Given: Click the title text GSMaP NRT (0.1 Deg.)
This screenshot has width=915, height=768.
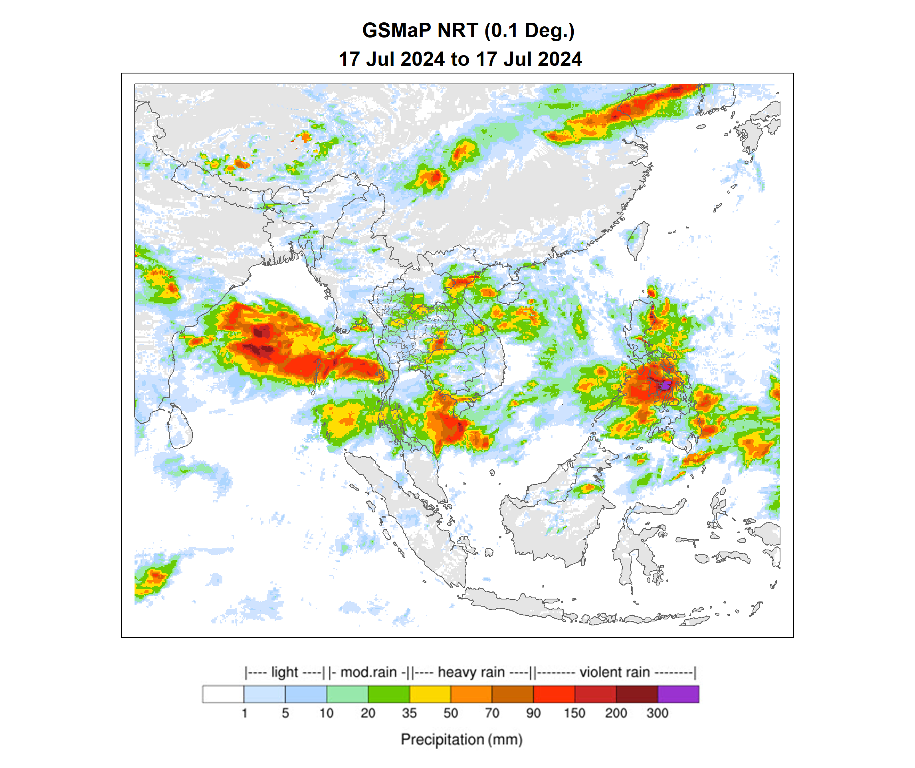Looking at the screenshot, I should click(x=468, y=30).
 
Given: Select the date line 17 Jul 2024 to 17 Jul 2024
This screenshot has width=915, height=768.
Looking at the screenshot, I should click(x=460, y=59).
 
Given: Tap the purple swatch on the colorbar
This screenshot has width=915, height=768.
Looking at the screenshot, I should click(x=678, y=694).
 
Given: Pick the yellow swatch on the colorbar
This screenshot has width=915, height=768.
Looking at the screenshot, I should click(x=430, y=694).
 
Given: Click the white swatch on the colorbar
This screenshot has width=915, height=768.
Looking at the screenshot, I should click(x=223, y=694).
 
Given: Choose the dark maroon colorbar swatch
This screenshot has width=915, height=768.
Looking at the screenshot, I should click(x=637, y=694).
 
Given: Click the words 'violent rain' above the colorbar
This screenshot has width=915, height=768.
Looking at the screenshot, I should click(x=614, y=672).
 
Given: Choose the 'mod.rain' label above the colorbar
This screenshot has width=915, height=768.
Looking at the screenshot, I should click(x=368, y=672).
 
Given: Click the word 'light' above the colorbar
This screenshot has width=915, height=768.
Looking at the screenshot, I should click(x=285, y=672).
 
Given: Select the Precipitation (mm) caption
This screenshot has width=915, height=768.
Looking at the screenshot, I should click(x=461, y=740).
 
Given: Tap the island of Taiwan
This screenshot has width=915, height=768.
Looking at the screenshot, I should click(x=638, y=240).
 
